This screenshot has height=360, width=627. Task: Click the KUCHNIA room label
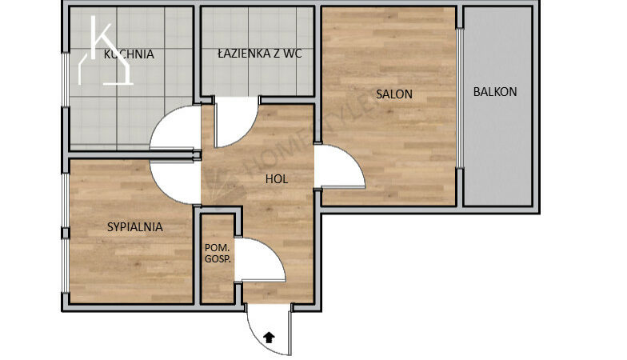129,54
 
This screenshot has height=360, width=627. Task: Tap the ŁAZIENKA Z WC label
259,54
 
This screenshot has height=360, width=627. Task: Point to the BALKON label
495,92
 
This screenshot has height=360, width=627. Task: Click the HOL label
277,179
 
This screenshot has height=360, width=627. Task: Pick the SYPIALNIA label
134,227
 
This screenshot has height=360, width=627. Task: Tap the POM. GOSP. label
218,253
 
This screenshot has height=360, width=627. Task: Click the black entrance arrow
270,338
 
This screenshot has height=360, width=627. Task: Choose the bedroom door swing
162,191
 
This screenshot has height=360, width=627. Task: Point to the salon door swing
352,158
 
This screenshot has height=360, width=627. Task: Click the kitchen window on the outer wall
65,80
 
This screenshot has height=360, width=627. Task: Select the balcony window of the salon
460,98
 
